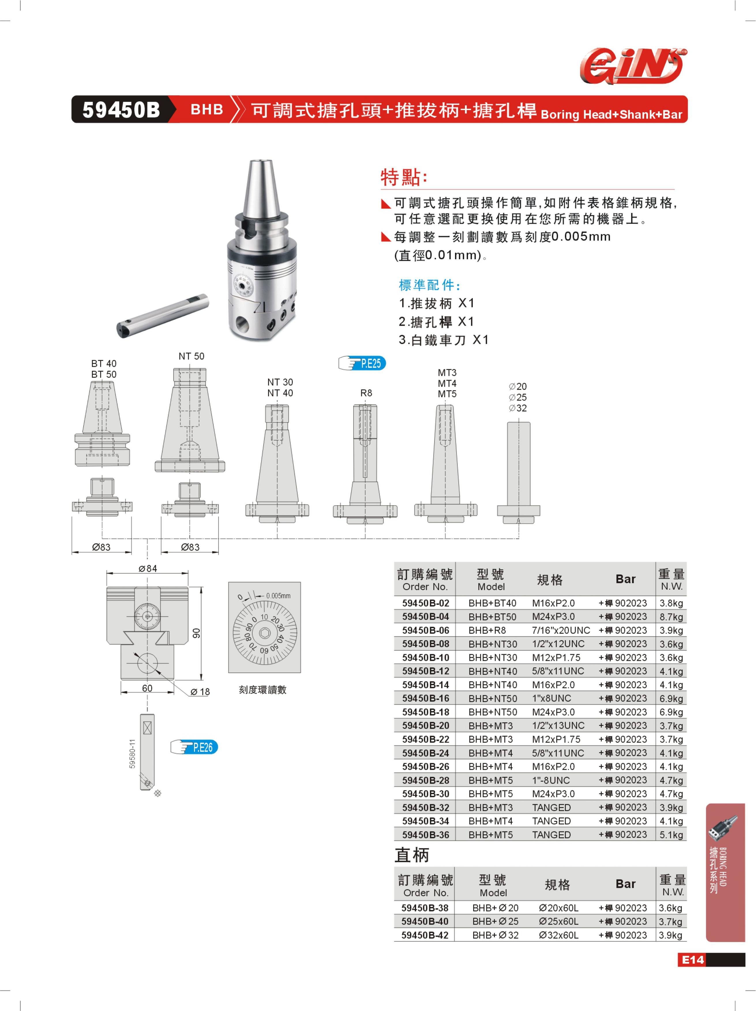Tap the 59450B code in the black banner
tap(121, 110)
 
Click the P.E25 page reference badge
tap(362, 363)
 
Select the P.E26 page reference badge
tap(194, 747)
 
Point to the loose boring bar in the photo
tap(162, 316)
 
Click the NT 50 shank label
tap(191, 356)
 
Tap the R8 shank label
tap(366, 393)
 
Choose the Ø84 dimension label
tap(148, 569)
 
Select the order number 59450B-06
tap(425, 630)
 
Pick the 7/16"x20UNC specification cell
tap(561, 630)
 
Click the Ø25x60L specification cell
tap(558, 921)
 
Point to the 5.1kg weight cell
tap(671, 835)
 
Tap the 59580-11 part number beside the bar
tap(132, 754)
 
